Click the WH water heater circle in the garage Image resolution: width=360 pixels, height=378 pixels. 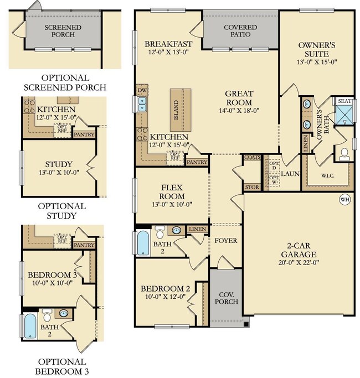pos(344,199)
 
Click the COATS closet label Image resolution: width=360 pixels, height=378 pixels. pos(251,157)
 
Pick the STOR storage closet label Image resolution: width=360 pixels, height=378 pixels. pos(251,187)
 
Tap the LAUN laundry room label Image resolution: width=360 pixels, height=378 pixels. pos(290,173)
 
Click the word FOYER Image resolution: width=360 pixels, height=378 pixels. pos(225,241)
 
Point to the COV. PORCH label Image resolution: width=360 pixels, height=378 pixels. pos(226,298)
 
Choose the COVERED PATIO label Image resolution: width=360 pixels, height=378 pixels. pos(240,30)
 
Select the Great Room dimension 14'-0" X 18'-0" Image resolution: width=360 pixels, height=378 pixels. pos(239,110)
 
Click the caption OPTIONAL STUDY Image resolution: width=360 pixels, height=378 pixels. pos(61,210)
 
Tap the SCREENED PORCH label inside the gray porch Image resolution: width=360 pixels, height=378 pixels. pos(63,31)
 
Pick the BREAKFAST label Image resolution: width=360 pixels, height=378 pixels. pos(168,44)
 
